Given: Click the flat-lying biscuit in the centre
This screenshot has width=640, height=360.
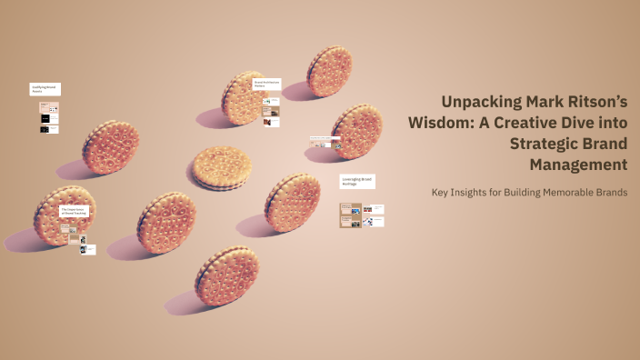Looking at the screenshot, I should tap(221, 168).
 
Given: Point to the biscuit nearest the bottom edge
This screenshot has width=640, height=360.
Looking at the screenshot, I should tap(226, 276).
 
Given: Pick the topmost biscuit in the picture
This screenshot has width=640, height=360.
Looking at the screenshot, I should tap(329, 71).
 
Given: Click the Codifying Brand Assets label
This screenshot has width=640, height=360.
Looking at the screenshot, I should tap(45, 90).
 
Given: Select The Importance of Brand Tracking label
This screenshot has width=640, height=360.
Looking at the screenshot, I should tap(74, 212).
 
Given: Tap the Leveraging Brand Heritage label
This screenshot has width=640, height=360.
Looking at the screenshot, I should tap(357, 182).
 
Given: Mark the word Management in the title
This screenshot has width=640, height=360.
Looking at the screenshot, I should tap(579, 165).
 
